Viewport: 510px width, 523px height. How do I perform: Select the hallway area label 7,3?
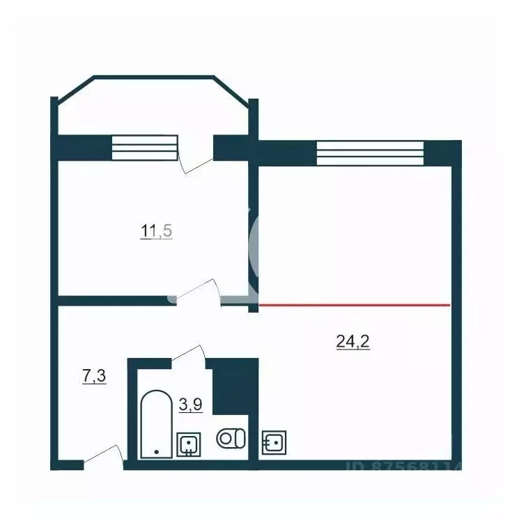94,377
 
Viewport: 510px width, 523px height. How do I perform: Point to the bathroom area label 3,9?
190,405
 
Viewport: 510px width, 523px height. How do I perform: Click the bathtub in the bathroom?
156,425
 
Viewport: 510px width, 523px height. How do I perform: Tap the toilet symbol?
231,439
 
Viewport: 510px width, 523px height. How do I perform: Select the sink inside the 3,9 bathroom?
189,444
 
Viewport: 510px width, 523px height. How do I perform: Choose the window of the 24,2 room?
369,153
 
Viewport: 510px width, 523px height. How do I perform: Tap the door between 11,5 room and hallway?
198,292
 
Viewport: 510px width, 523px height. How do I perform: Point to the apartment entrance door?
103,455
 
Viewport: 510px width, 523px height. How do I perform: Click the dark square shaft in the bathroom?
235,387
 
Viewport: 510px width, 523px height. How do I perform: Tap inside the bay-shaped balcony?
152,108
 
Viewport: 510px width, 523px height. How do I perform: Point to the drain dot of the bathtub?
156,452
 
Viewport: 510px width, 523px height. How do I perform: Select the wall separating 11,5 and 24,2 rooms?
254,230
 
